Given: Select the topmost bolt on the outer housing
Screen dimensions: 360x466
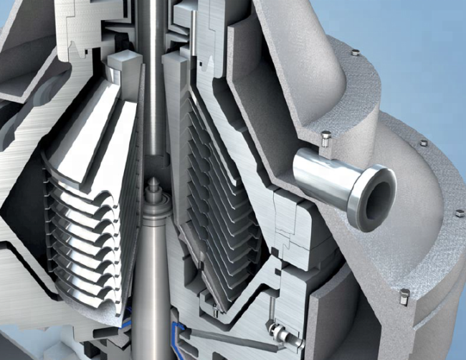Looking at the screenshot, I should point(355,52).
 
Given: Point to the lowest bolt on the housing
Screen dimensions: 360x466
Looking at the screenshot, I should point(404,295).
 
